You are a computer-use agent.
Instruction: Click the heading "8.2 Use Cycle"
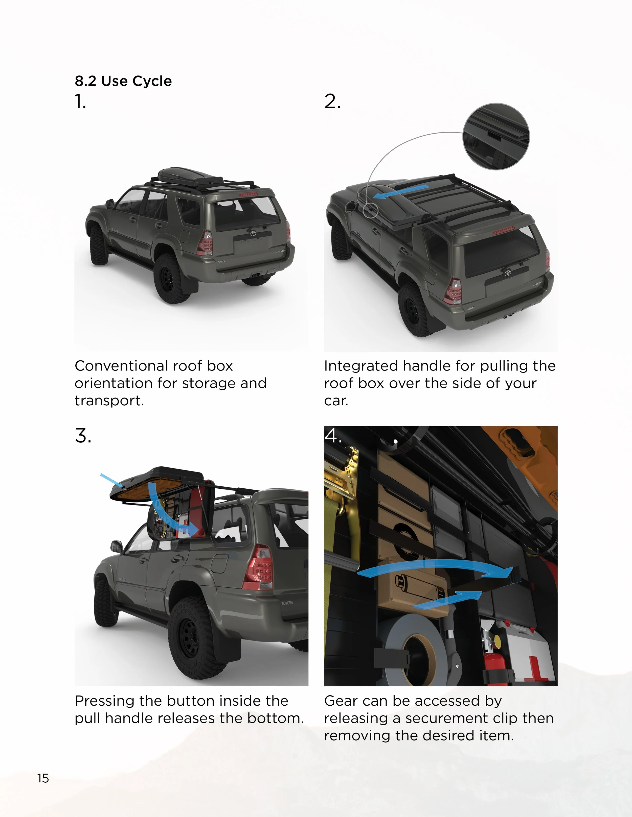coord(123,81)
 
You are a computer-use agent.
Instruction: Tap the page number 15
coord(43,778)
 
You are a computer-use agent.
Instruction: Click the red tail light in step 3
coord(259,568)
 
